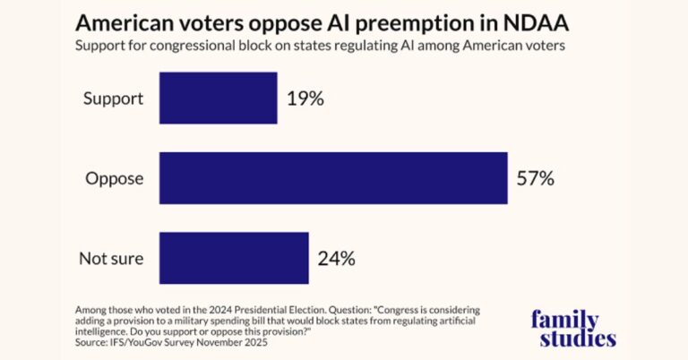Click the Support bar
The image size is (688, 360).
tap(218, 99)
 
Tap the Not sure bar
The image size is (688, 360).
tap(234, 258)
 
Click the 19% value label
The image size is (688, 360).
tap(305, 99)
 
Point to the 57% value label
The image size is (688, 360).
tap(536, 178)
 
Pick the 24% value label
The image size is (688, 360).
tap(337, 259)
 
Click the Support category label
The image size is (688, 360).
tap(113, 99)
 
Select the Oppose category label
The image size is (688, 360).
tap(115, 178)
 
